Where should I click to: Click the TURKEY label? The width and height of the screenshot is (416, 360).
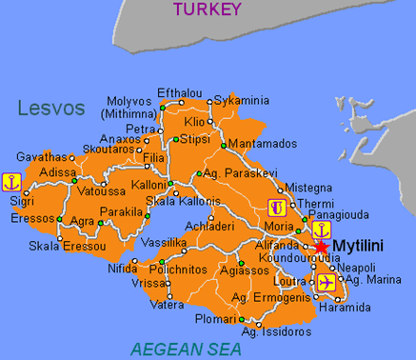(x=208, y=10)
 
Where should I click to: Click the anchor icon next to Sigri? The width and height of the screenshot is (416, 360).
(x=12, y=180)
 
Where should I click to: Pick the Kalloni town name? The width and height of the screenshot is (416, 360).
(x=149, y=183)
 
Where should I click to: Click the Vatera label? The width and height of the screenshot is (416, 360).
(x=167, y=305)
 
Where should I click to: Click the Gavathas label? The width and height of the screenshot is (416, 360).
(x=43, y=156)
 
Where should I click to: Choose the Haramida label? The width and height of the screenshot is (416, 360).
(x=362, y=308)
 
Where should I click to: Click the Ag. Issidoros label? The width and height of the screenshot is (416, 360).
(x=276, y=331)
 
